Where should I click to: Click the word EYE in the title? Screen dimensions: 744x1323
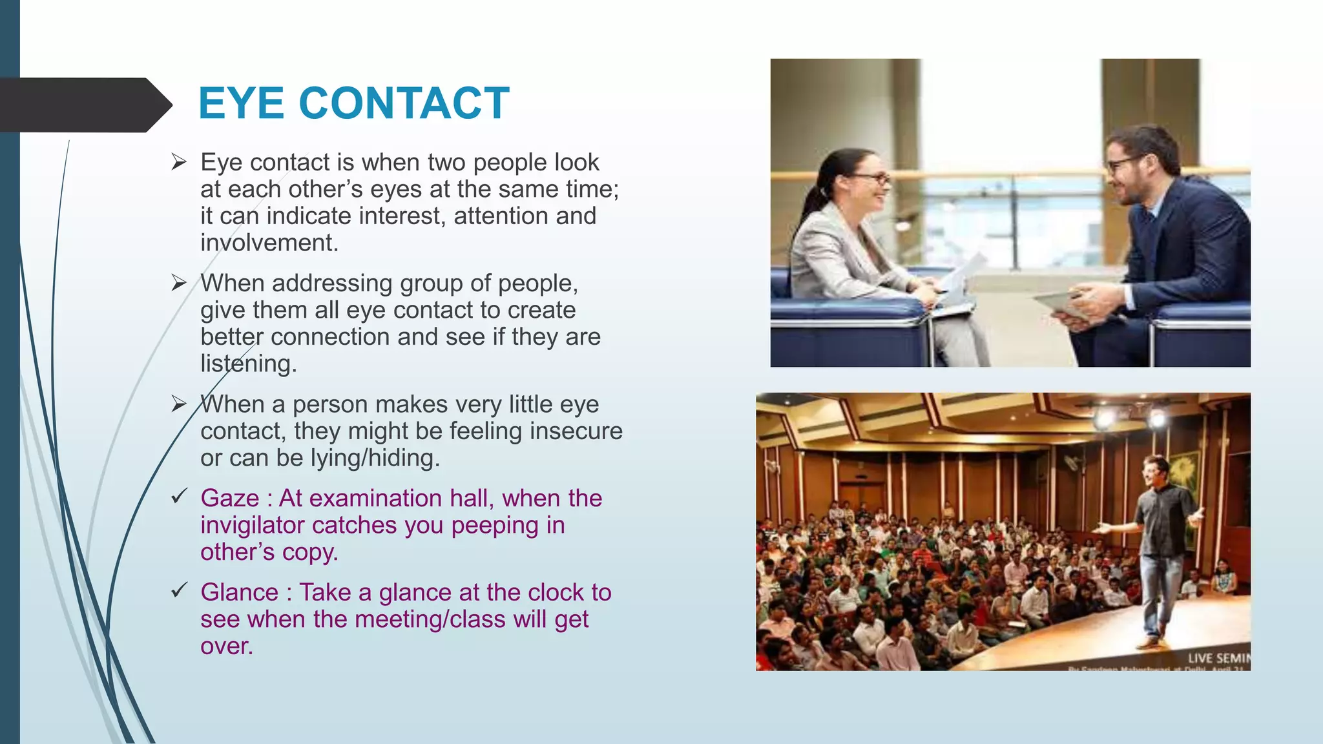point(241,103)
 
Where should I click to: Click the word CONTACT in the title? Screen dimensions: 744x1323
point(404,103)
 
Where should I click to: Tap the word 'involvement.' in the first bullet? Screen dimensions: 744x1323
point(269,243)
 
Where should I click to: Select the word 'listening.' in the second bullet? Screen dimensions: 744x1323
point(248,364)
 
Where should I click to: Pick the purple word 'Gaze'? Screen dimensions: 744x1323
point(229,499)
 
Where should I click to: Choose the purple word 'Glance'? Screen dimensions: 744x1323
point(239,593)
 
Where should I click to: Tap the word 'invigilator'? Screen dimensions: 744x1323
point(251,526)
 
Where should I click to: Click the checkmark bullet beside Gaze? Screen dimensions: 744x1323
point(179,497)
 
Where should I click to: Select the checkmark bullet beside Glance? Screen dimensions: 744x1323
point(179,590)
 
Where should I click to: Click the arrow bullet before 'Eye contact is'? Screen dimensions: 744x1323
point(179,162)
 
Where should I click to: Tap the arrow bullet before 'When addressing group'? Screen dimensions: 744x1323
point(179,283)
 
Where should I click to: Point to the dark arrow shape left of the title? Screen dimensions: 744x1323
point(84,105)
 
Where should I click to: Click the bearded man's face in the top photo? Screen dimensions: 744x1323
point(1127,173)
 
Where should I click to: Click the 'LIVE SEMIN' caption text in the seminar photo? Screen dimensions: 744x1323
point(1218,658)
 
